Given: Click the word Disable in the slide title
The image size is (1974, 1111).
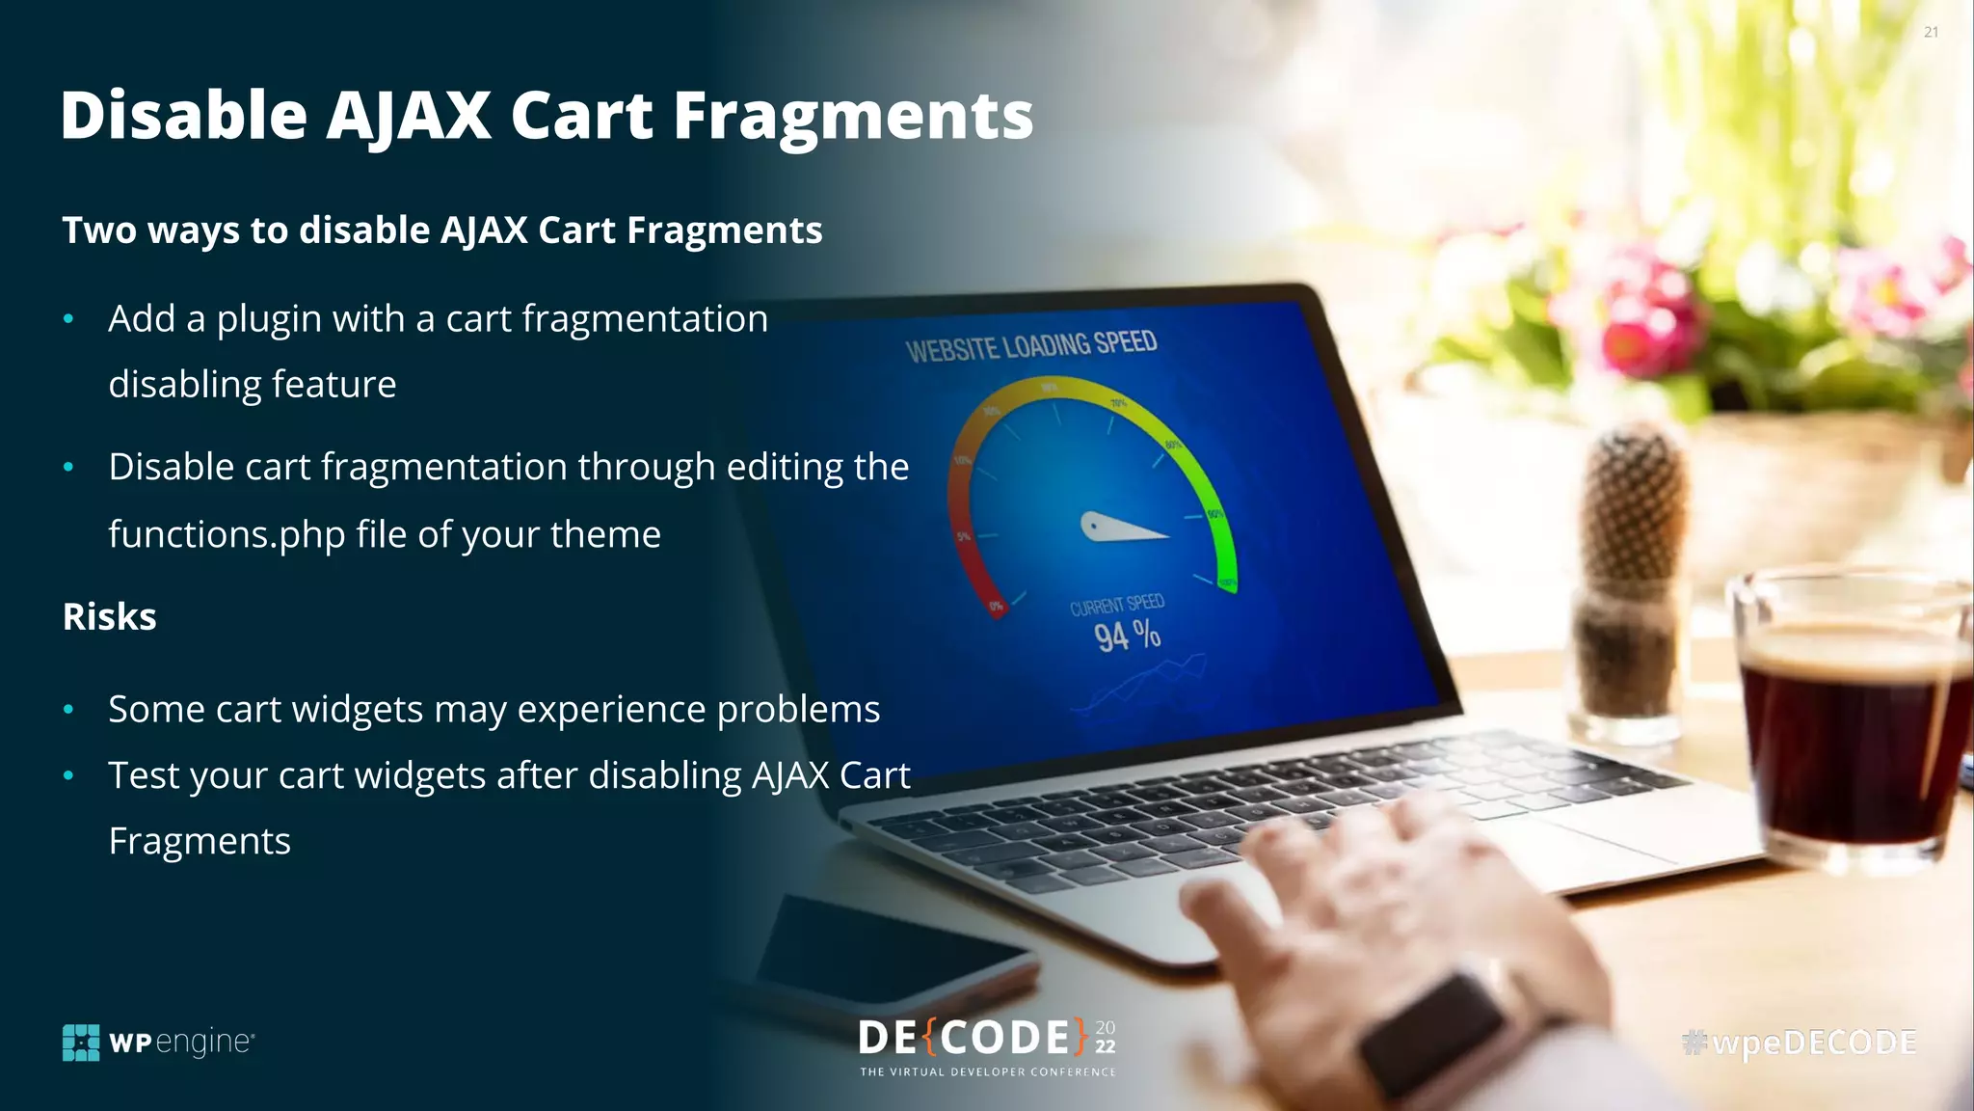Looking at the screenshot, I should [183, 116].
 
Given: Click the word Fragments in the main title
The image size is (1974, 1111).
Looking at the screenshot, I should [852, 116].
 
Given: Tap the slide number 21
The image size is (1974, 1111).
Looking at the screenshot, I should [1931, 32].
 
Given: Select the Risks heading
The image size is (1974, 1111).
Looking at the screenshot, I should [109, 617].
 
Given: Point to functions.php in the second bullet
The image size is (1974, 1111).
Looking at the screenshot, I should [227, 534].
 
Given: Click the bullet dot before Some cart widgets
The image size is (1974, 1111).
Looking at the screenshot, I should [68, 711].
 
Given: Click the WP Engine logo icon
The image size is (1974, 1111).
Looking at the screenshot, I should [81, 1043].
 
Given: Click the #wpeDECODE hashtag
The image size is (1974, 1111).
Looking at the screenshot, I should [1799, 1043].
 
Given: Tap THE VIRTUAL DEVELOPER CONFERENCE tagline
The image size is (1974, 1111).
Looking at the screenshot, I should [987, 1072].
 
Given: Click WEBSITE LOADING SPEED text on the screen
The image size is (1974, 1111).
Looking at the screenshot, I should [1030, 346].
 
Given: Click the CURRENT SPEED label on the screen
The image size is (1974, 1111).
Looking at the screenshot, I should [1116, 606].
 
